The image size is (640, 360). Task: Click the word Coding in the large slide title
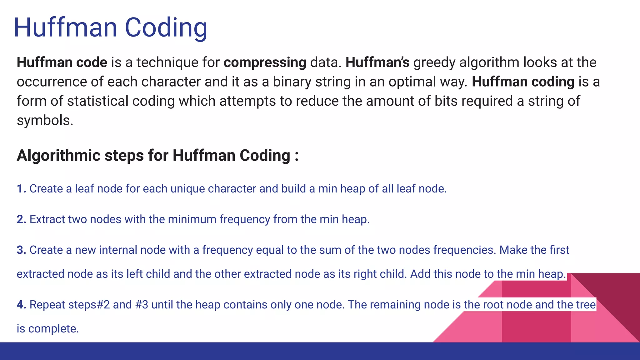(166, 28)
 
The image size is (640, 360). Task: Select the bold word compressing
(265, 62)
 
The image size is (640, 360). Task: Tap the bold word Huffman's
(377, 62)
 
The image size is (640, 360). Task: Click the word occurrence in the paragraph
(52, 82)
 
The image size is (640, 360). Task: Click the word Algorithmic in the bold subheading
(58, 155)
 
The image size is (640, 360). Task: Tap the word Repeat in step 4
(47, 305)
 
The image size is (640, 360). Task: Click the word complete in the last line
(53, 329)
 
